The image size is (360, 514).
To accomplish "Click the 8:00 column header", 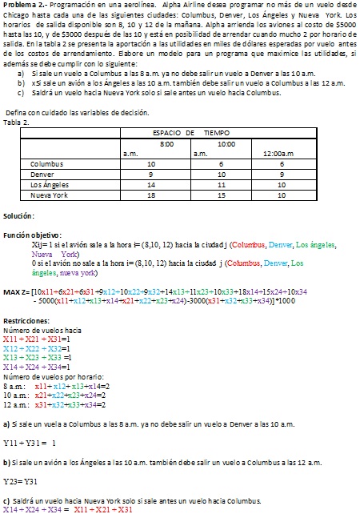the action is [167, 142].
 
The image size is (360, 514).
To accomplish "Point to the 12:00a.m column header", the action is [279, 152].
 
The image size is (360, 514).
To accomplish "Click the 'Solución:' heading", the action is [18, 216].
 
